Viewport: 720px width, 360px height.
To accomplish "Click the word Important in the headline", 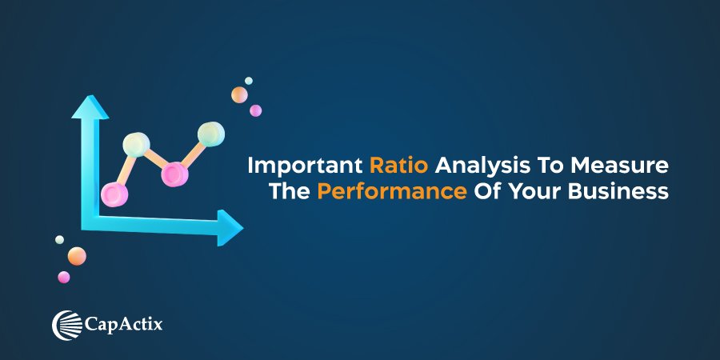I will point(305,166).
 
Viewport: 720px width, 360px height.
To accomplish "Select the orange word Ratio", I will point(399,166).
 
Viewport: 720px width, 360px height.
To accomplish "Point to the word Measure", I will point(628,166).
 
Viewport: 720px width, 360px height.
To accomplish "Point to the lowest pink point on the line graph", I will point(114,192).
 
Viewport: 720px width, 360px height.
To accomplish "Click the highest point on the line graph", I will point(211,133).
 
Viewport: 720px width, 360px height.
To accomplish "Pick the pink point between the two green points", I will point(174,173).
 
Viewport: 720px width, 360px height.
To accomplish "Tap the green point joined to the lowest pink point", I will point(136,145).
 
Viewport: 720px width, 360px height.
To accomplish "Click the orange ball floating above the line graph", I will point(239,95).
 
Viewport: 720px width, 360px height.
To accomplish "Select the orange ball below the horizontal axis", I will point(77,256).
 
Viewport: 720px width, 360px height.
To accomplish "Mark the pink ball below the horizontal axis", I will point(64,277).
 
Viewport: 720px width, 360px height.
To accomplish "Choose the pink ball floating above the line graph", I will point(255,110).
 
